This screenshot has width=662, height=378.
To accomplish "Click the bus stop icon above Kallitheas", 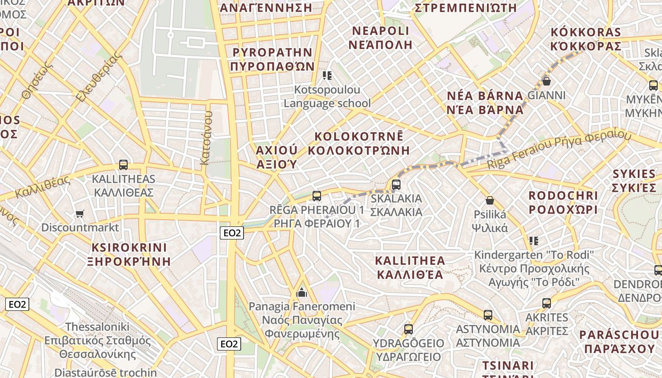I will (123, 165).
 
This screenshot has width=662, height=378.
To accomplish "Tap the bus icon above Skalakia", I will (396, 185).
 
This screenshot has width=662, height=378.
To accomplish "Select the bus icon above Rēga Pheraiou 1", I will (317, 196).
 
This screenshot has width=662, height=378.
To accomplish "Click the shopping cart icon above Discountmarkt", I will (80, 214).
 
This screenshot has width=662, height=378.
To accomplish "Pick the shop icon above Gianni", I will (547, 81).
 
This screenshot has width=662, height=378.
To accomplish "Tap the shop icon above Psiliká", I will (490, 201).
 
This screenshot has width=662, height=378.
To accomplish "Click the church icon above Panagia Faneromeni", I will (302, 293).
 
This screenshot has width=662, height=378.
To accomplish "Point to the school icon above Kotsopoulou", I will (327, 76).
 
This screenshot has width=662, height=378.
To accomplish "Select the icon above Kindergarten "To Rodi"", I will (534, 241).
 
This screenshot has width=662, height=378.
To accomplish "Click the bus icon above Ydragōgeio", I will (409, 329).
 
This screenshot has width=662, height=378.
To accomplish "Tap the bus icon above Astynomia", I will (488, 315).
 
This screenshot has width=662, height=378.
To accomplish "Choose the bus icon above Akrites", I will (547, 303).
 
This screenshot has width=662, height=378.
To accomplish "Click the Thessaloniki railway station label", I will (97, 340).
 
